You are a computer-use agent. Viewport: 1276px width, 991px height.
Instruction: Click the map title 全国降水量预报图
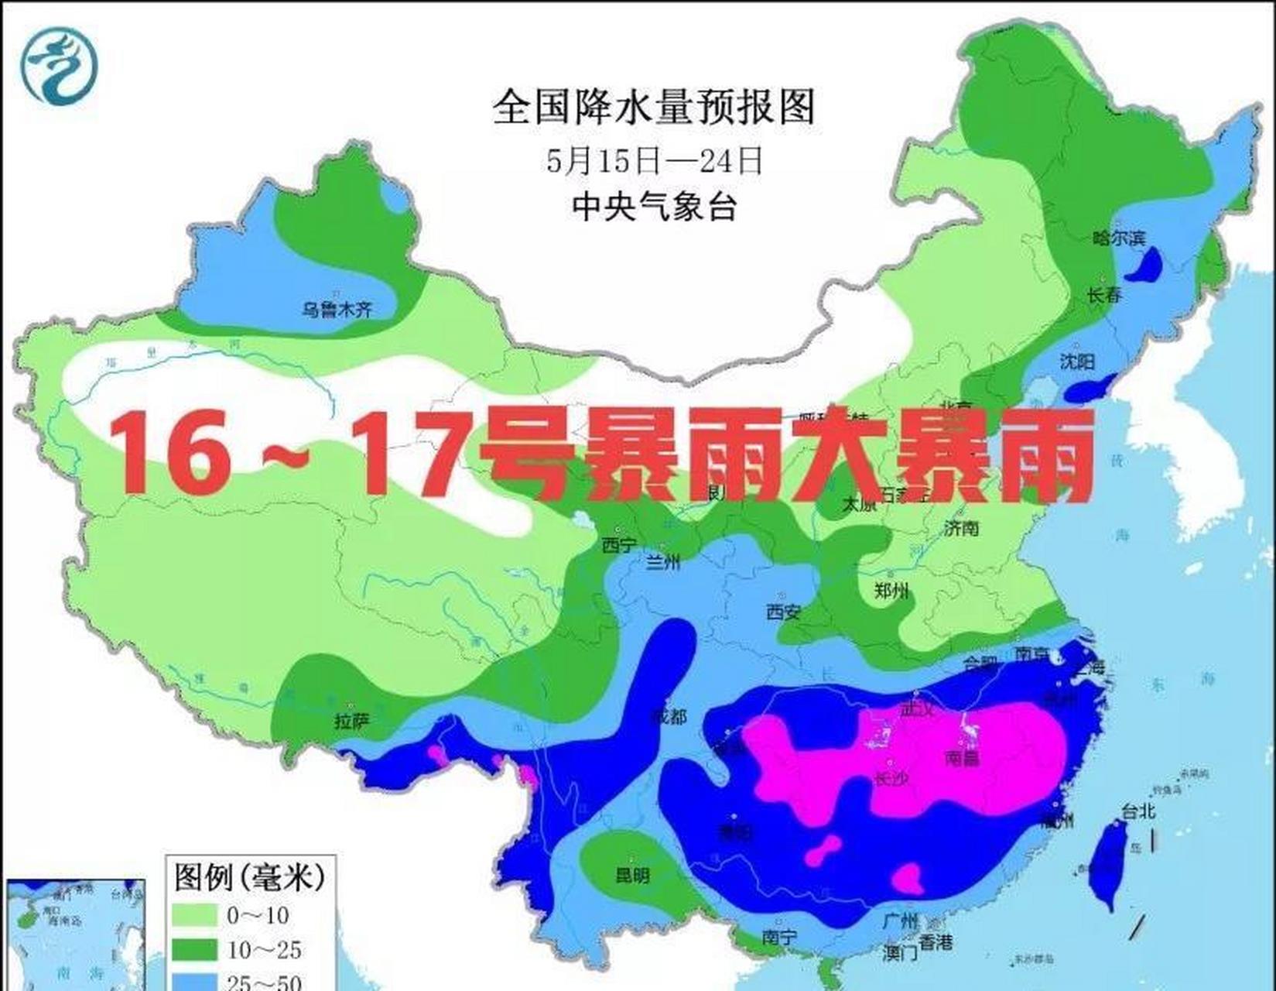pyautogui.click(x=654, y=108)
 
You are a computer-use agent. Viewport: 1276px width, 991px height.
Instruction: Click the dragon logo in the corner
pyautogui.click(x=60, y=67)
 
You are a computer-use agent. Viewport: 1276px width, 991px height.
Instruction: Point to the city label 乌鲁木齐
pyautogui.click(x=337, y=310)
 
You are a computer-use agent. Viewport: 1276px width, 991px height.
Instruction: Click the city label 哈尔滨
pyautogui.click(x=1118, y=238)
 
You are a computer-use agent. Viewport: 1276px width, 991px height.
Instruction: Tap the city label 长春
pyautogui.click(x=1104, y=295)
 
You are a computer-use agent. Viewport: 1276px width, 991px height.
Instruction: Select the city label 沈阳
pyautogui.click(x=1077, y=361)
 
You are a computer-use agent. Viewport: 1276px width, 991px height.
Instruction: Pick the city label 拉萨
pyautogui.click(x=351, y=722)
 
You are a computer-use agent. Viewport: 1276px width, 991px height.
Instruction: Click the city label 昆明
pyautogui.click(x=632, y=875)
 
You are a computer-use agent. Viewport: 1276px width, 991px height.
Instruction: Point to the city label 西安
pyautogui.click(x=783, y=612)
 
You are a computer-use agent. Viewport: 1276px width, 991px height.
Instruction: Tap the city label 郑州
pyautogui.click(x=891, y=592)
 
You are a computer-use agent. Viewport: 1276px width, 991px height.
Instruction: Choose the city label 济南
pyautogui.click(x=961, y=528)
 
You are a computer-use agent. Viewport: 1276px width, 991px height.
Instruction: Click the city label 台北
pyautogui.click(x=1138, y=811)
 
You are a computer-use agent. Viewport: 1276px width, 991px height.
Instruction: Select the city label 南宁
pyautogui.click(x=778, y=937)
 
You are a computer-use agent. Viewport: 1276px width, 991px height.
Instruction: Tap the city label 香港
pyautogui.click(x=936, y=941)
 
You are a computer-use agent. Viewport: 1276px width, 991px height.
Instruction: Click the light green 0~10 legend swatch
pyautogui.click(x=194, y=916)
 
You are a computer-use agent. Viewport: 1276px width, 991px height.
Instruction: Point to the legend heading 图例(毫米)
pyautogui.click(x=249, y=878)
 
